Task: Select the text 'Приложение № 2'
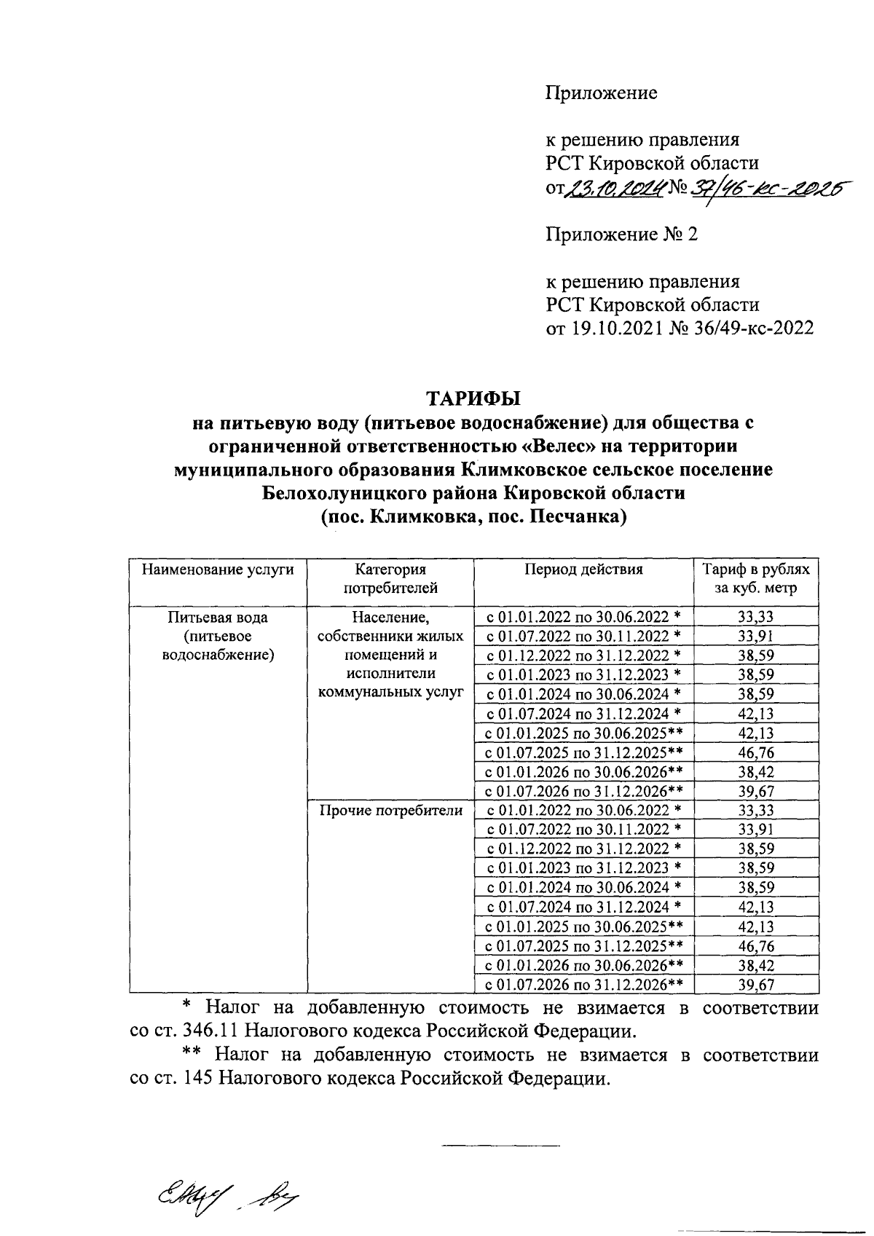pos(621,235)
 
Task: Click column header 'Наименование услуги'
pos(218,570)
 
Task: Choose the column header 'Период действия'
pos(583,570)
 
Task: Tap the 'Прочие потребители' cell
pos(390,811)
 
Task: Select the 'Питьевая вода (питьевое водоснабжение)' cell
pos(218,635)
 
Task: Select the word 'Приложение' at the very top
pos(602,92)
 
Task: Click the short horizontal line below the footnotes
pos(501,1148)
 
